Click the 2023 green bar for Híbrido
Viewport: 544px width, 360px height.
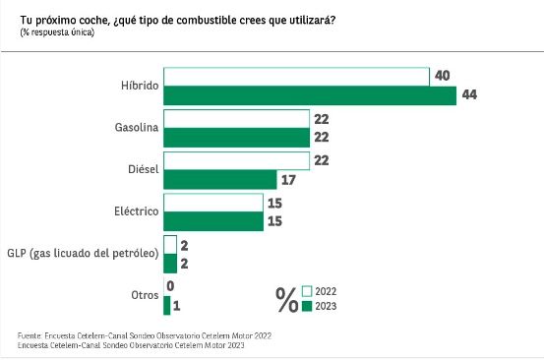click(310, 95)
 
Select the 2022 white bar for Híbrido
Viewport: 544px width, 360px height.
click(296, 77)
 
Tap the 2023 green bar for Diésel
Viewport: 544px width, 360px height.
click(220, 180)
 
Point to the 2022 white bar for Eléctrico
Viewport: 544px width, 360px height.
click(212, 203)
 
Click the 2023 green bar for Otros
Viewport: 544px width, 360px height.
click(166, 306)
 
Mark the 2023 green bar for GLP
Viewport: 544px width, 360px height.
click(169, 264)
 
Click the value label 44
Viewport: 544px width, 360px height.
click(470, 95)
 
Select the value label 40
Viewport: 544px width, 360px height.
click(443, 76)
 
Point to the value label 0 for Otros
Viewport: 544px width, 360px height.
click(172, 286)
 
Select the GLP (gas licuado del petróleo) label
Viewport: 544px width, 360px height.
click(83, 255)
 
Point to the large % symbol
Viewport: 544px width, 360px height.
click(287, 299)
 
